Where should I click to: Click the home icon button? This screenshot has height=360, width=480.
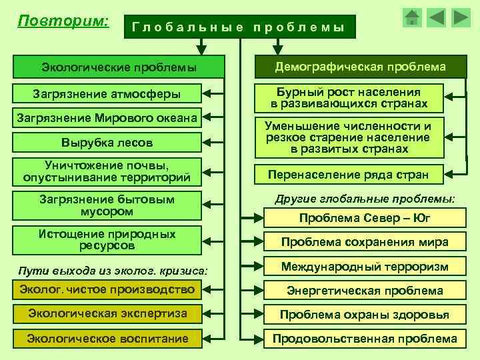pos(413,17)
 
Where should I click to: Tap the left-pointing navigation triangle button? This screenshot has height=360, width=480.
pos(436,17)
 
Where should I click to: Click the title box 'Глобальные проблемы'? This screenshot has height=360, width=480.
pos(239,27)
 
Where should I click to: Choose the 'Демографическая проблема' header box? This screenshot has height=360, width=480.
pos(361,67)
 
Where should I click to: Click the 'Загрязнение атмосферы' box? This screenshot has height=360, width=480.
pos(107,93)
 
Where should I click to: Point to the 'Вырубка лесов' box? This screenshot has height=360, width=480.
pos(107,143)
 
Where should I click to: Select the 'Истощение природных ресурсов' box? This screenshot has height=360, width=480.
pos(107,240)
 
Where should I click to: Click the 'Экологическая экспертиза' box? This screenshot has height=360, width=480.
pos(107,313)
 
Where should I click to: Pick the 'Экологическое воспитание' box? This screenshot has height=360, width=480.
pos(107,339)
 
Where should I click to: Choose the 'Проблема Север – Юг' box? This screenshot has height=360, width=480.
pos(364,218)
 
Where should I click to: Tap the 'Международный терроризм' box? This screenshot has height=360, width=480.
pos(364,267)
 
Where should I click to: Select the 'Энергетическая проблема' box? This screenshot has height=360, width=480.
pos(364,291)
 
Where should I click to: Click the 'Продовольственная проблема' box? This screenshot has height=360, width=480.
pos(364,339)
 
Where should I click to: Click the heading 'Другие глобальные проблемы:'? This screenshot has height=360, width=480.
pos(365,198)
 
